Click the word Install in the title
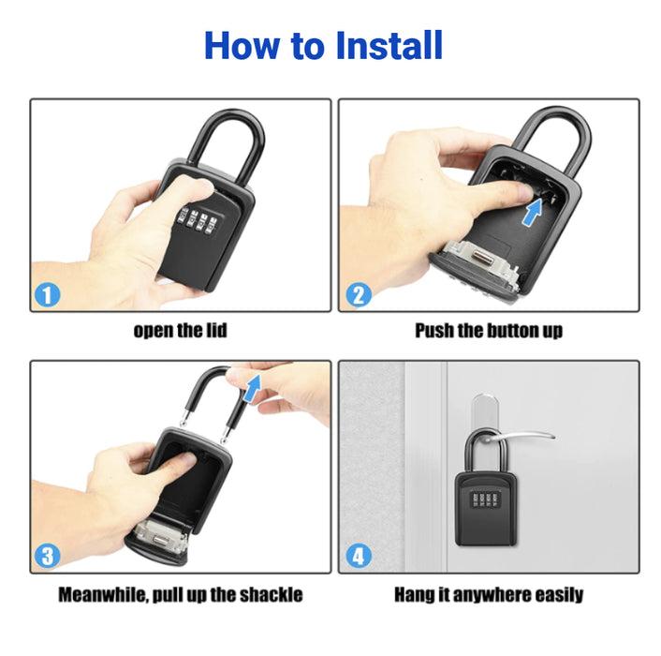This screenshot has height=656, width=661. tap(389, 45)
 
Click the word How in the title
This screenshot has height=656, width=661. tap(242, 45)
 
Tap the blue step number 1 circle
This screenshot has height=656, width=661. tap(47, 294)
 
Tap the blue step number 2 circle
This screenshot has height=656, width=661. tap(359, 294)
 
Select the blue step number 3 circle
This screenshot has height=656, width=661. tap(47, 556)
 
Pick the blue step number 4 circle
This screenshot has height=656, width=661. tap(359, 556)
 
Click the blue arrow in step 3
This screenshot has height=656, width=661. tap(253, 389)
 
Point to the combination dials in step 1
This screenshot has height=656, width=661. tap(198, 219)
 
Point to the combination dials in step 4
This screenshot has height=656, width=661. tap(486, 499)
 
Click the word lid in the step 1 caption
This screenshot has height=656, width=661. tap(216, 330)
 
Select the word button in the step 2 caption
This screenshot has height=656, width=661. tap(513, 330)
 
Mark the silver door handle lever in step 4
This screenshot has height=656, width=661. tap(519, 437)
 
